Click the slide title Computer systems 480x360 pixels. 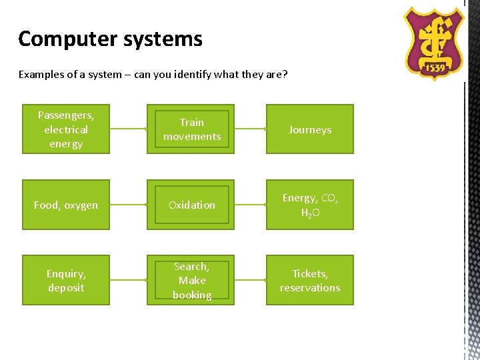point(110,39)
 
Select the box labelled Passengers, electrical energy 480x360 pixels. point(65,129)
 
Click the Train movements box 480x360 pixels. point(191,129)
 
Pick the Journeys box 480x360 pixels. point(310,129)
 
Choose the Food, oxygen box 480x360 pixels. point(65,205)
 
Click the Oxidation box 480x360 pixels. point(191,205)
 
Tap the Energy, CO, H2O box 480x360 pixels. point(310,205)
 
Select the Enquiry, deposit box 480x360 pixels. point(65,281)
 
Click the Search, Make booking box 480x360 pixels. point(191,281)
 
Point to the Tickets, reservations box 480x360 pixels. point(310,281)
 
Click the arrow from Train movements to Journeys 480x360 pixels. point(251,129)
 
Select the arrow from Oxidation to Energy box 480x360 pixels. point(251,205)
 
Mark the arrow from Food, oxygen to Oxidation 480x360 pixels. point(128,205)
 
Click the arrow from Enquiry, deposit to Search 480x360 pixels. point(128,281)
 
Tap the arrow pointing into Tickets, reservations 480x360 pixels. point(251,281)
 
